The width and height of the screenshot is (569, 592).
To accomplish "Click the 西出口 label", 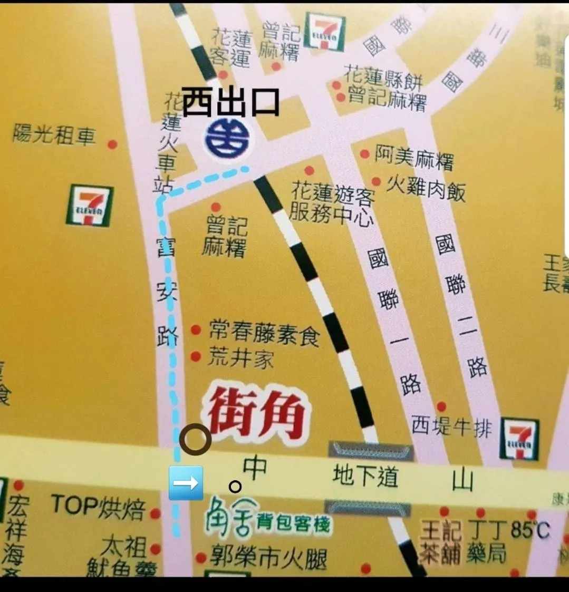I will click(230, 102).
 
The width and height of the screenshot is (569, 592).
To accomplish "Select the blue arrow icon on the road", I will click(186, 483).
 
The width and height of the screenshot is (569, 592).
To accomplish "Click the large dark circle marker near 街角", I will click(195, 439).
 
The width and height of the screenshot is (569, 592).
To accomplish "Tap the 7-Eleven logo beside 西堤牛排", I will click(519, 439).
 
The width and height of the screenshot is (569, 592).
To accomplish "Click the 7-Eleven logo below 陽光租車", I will click(90, 205).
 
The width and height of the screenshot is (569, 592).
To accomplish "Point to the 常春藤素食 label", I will click(264, 333).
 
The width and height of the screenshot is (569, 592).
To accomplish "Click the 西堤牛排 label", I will click(451, 426).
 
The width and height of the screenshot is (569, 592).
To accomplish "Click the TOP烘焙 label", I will click(98, 507).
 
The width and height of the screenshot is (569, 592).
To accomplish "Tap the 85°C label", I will click(531, 529).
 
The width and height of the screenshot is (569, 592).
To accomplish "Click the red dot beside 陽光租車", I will click(112, 144).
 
